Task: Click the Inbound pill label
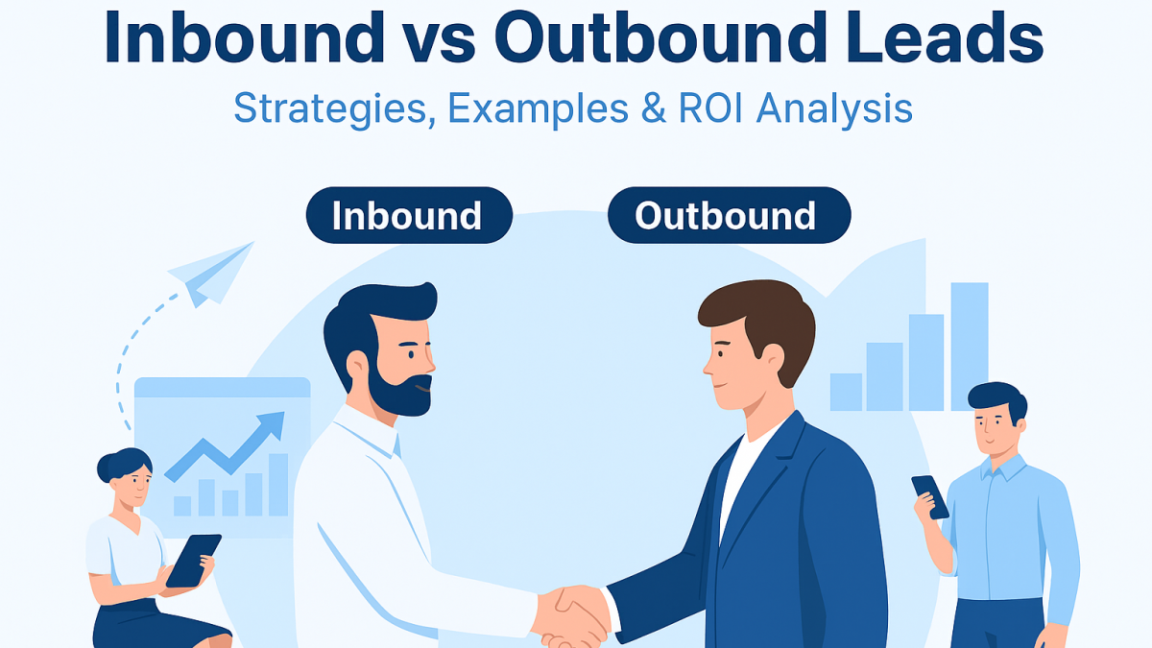[x=409, y=215]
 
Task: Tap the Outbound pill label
[x=730, y=215]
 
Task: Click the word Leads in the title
[x=944, y=37]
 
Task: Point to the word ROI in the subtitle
[x=710, y=108]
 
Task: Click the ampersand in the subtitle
[x=654, y=108]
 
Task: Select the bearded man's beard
[x=398, y=388]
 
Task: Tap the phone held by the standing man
[x=930, y=497]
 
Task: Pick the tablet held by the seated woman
[x=193, y=561]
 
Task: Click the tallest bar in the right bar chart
[x=970, y=347]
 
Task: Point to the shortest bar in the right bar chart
[x=846, y=392]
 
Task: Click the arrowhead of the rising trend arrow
[x=272, y=424]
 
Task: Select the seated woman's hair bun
[x=105, y=467]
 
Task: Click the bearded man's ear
[x=357, y=366]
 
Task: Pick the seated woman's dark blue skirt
[x=155, y=625]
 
